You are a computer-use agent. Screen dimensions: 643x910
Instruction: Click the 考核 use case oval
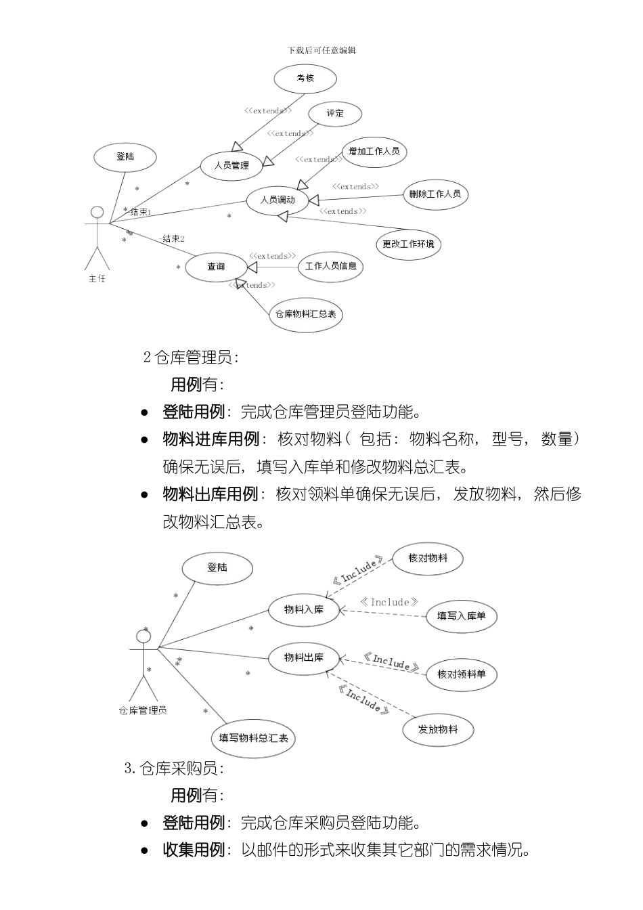(305, 78)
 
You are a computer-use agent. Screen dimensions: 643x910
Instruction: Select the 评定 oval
(335, 114)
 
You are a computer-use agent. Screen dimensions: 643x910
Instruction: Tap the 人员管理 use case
(231, 166)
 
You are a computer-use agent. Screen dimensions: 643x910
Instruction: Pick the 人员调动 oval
(278, 200)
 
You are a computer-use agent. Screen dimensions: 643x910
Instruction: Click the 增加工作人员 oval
(374, 152)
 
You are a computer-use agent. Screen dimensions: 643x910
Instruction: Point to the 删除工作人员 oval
(435, 194)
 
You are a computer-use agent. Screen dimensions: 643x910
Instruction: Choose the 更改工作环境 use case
(408, 244)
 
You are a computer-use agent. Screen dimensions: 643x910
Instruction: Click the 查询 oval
(216, 267)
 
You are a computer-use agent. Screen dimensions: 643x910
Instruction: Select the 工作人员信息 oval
(330, 266)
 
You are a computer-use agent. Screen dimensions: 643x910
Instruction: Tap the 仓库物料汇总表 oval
(305, 314)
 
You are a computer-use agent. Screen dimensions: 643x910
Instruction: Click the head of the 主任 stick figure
(97, 213)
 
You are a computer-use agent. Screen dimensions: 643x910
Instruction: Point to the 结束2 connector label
(173, 239)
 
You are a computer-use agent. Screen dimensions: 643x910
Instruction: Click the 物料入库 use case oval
(304, 609)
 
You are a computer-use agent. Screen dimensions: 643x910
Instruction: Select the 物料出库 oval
(304, 657)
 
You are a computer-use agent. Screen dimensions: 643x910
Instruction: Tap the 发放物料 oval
(438, 729)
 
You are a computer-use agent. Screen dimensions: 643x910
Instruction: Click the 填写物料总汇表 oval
(254, 738)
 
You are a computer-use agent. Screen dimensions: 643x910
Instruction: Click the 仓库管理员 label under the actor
(143, 710)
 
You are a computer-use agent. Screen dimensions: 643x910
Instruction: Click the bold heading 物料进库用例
(211, 439)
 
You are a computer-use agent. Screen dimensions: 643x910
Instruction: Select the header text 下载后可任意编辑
(321, 50)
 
